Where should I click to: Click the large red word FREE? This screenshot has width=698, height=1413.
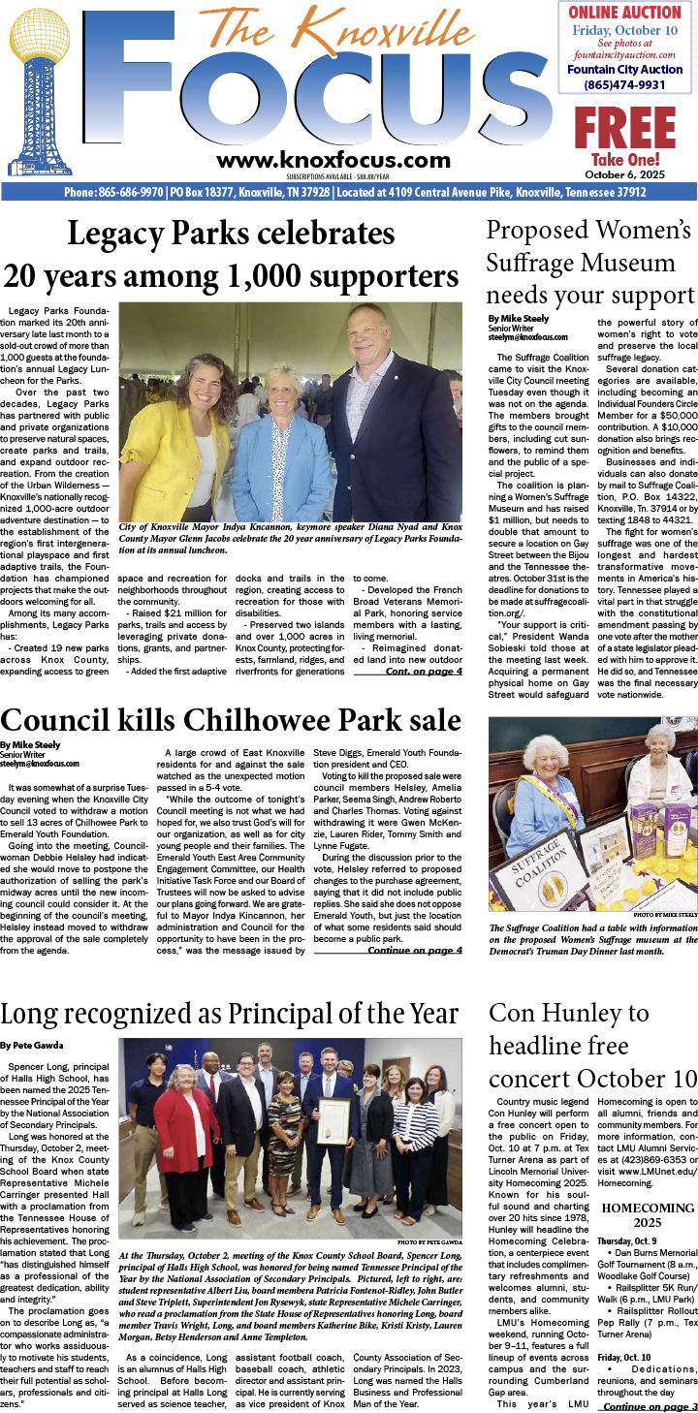point(624,128)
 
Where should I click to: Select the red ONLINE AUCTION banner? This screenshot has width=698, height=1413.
point(624,13)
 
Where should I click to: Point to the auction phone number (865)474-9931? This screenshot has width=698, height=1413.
point(624,85)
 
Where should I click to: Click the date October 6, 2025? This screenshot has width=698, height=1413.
point(625,174)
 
